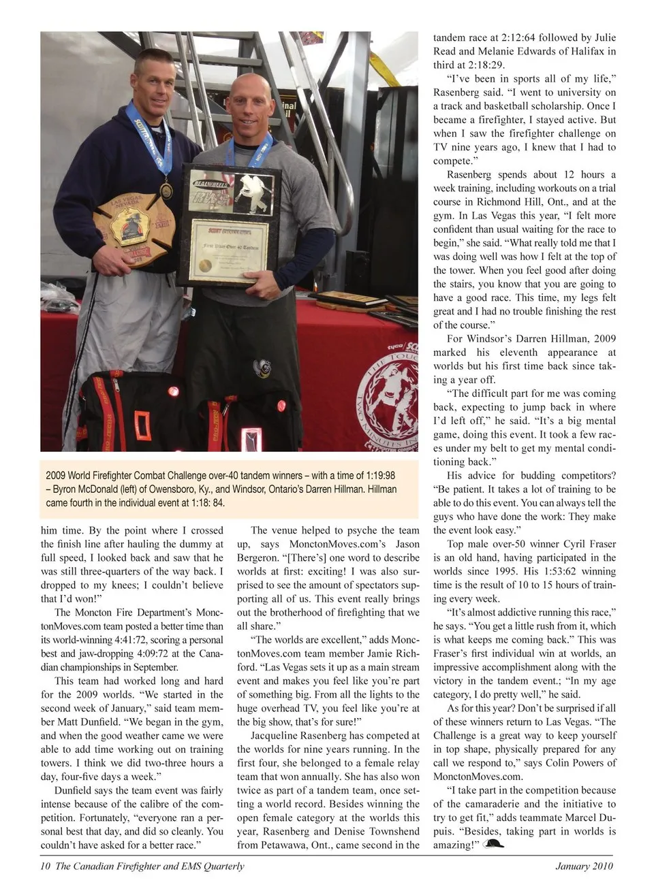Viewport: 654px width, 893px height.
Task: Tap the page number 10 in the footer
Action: click(x=45, y=866)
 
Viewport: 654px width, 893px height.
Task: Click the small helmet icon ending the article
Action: click(x=493, y=844)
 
